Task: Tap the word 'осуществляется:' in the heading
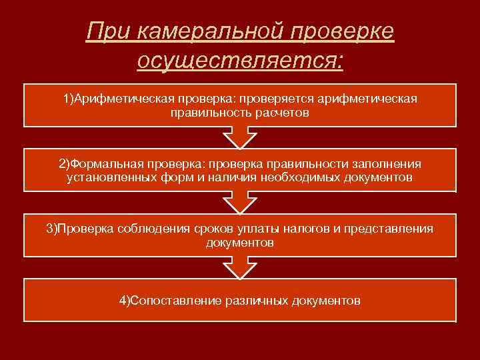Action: (240, 61)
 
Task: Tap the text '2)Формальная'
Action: (100, 164)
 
